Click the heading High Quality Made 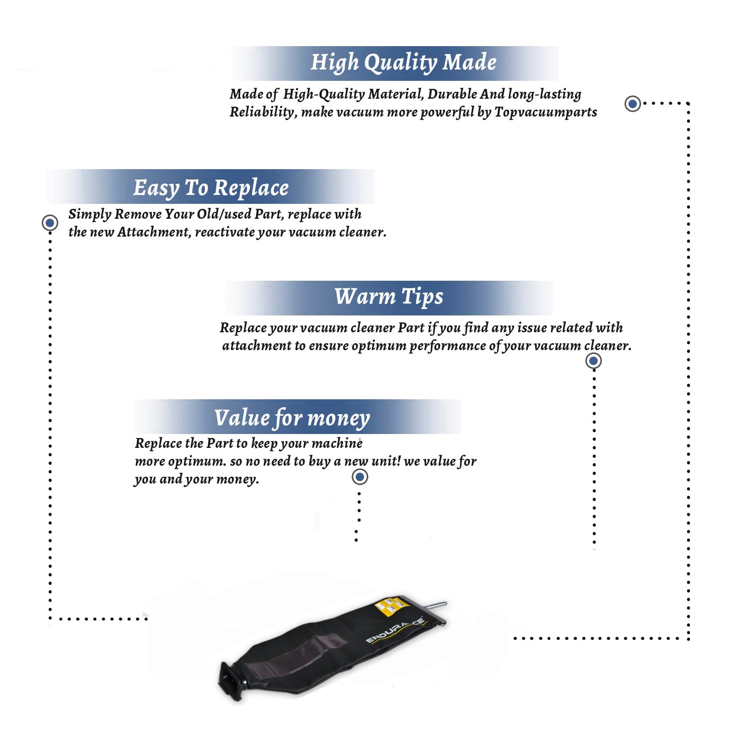[x=403, y=63]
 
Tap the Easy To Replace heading [x=211, y=188]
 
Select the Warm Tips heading [x=388, y=297]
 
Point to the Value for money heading [x=292, y=418]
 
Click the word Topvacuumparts [x=546, y=112]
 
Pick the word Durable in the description [x=452, y=94]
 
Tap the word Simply [x=90, y=214]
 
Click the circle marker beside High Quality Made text [x=632, y=104]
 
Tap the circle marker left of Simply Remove [x=50, y=223]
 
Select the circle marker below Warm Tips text [x=594, y=361]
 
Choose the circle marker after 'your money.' [x=360, y=477]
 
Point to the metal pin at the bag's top [x=436, y=607]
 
